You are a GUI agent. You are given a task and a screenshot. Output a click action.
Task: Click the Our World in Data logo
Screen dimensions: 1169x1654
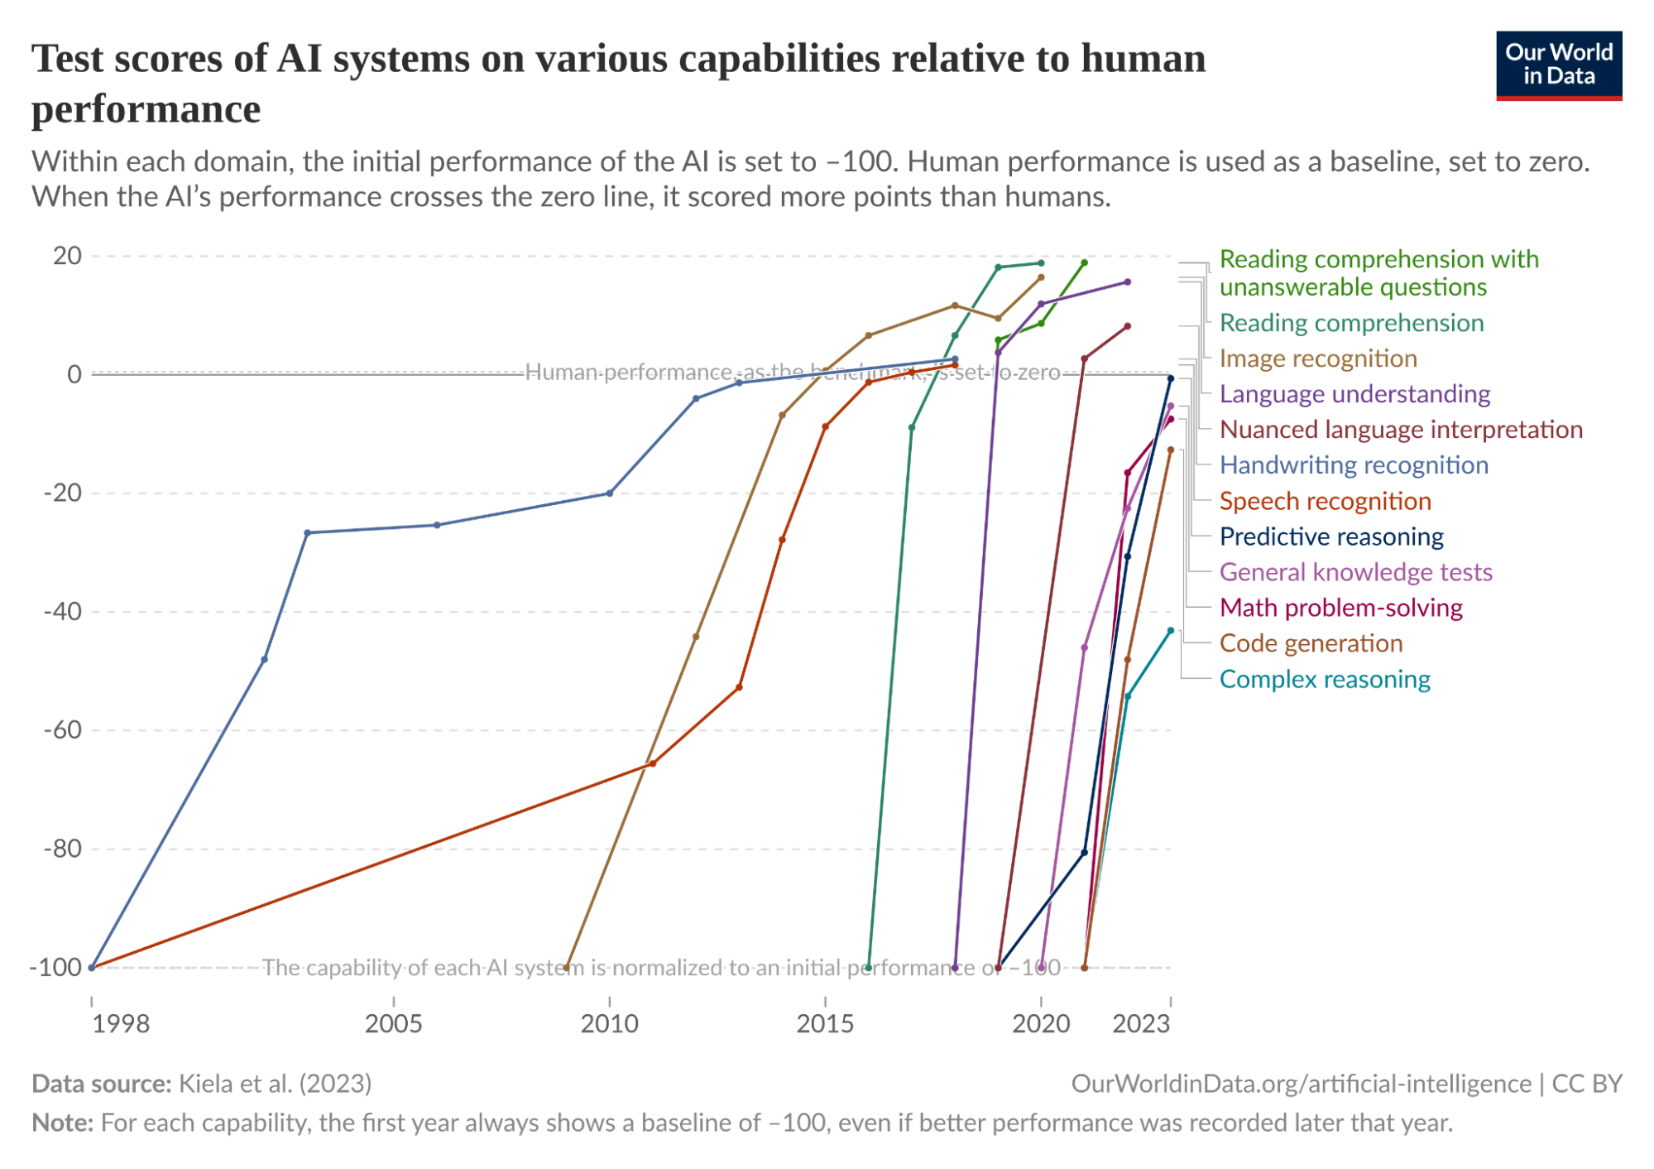point(1559,65)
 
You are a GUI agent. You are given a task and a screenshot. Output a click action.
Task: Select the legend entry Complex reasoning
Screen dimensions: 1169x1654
point(1325,680)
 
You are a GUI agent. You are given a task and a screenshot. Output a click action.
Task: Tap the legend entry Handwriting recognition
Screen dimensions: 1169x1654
point(1354,465)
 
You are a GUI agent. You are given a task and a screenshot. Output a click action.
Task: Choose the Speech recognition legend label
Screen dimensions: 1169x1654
point(1325,501)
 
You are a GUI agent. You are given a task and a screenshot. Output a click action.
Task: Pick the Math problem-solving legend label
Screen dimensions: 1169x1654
point(1340,609)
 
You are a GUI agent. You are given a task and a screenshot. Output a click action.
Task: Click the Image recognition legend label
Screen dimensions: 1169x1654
point(1318,358)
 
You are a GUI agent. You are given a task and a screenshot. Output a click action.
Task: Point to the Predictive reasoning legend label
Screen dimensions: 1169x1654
point(1331,536)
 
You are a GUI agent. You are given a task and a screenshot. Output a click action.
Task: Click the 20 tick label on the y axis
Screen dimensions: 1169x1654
point(68,256)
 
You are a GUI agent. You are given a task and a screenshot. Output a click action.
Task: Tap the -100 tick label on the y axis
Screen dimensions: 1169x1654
point(55,967)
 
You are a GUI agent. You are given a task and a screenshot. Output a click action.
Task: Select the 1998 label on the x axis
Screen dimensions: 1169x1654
point(121,1024)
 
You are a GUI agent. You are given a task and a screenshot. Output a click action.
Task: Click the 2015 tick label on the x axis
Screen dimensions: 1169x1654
point(825,1024)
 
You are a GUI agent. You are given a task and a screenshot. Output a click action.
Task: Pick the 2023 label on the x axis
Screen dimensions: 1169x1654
point(1141,1024)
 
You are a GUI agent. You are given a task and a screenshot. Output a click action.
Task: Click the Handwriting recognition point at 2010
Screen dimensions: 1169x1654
point(610,493)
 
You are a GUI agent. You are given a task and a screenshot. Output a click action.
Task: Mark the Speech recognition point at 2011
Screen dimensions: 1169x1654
point(653,763)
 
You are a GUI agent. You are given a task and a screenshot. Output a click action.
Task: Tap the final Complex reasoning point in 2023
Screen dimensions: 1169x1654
point(1171,631)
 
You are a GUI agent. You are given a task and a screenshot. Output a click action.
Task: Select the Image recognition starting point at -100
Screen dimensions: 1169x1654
point(567,967)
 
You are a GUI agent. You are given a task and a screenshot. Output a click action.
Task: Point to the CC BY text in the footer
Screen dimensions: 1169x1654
point(1587,1084)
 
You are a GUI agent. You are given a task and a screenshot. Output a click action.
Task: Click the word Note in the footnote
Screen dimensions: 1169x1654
point(61,1123)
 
